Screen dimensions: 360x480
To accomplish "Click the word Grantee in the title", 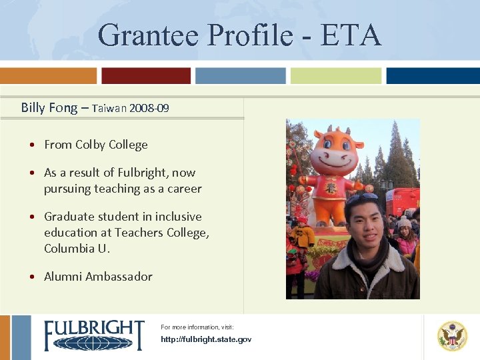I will [x=147, y=35].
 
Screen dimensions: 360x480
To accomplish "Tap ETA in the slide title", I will [x=351, y=35].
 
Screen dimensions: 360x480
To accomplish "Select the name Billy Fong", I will [x=49, y=107].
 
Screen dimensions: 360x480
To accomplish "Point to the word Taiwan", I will [x=110, y=108].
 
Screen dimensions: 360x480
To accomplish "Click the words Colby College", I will [x=111, y=145].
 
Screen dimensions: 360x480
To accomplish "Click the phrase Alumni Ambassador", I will [x=98, y=277].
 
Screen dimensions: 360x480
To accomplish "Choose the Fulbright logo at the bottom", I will [x=94, y=335].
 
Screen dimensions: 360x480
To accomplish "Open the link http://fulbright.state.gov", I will [x=206, y=340].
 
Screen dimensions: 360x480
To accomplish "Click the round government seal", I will [x=452, y=336].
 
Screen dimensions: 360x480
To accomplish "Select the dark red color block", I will [x=146, y=76].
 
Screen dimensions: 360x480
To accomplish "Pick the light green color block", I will [x=335, y=76].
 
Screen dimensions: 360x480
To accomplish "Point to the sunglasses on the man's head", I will [x=361, y=198].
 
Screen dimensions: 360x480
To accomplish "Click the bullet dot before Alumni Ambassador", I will [x=33, y=277].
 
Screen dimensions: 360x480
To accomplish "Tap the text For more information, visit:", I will [x=197, y=327].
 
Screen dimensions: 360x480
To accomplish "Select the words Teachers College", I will [x=161, y=233].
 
